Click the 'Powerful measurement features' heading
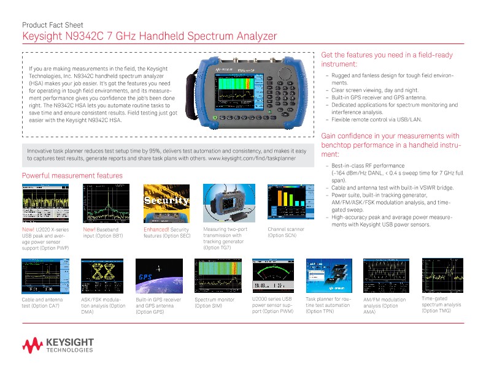tap(72, 176)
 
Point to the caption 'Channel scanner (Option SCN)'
tap(285, 232)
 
